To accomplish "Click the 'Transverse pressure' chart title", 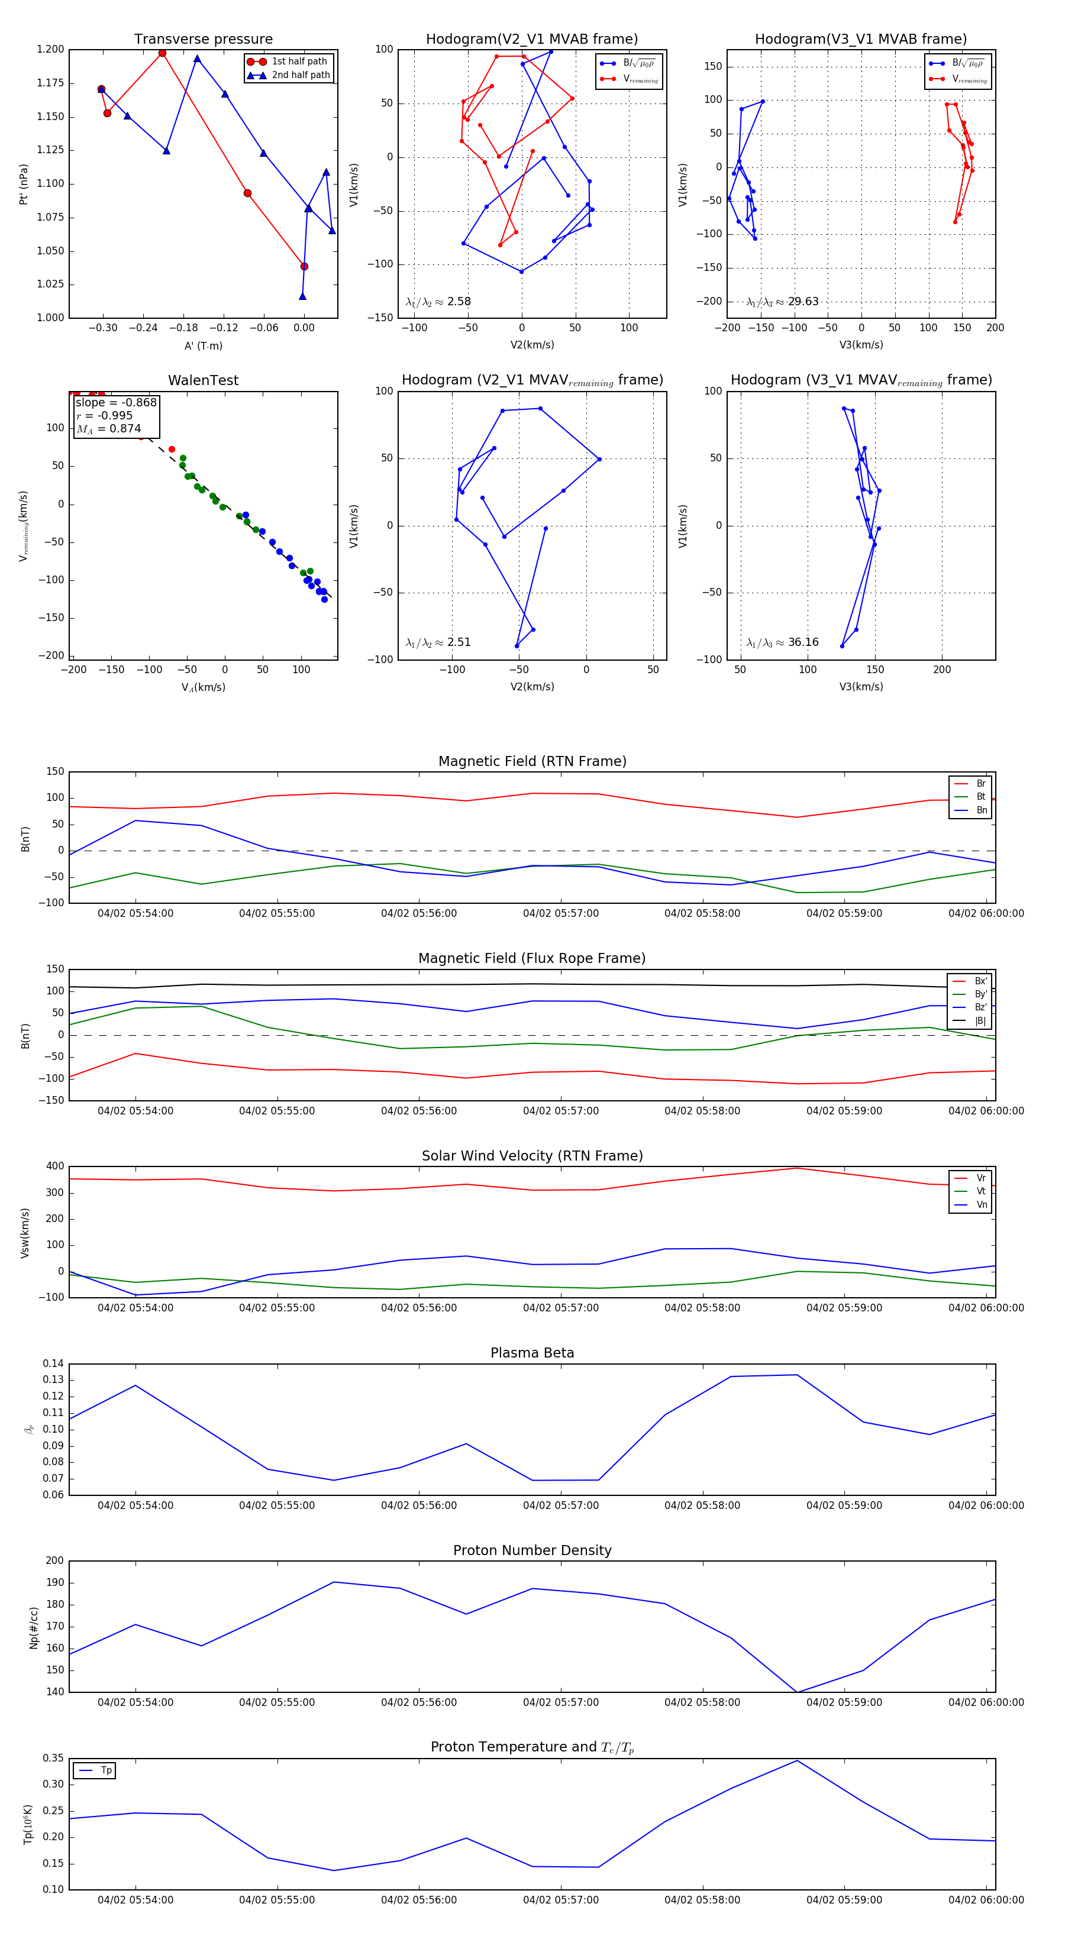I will [x=203, y=40].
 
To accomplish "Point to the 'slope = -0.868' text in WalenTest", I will [x=116, y=402].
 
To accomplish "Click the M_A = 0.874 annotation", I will [x=108, y=429].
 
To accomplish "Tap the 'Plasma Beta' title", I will [x=532, y=1353].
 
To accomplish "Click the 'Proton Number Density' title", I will [x=532, y=1550].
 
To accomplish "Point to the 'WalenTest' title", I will [x=203, y=380].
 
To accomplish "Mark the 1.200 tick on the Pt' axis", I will [x=50, y=49].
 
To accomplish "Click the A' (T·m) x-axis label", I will [x=203, y=345].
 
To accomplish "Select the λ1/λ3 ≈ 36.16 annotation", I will [x=782, y=642].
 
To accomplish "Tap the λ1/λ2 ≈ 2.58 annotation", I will [x=438, y=302].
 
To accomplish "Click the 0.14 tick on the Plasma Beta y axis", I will [x=53, y=1363].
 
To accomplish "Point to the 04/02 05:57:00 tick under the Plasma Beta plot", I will [x=560, y=1505].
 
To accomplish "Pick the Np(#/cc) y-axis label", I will [x=33, y=1627].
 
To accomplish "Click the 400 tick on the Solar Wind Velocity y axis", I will [x=54, y=1166].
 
